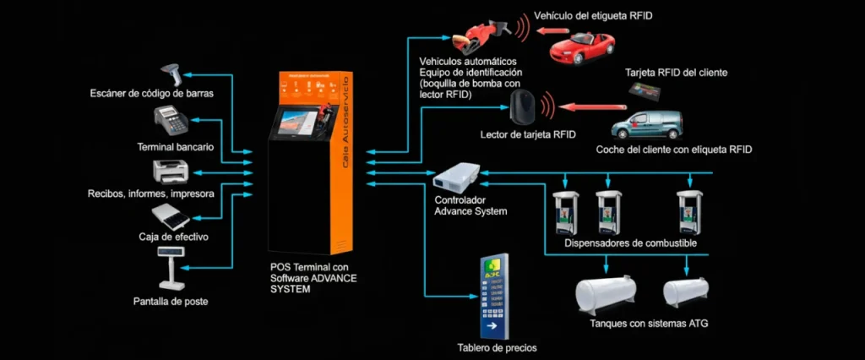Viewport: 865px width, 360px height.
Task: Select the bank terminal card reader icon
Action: pyautogui.click(x=172, y=122)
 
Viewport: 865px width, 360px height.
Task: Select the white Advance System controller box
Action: pyautogui.click(x=454, y=176)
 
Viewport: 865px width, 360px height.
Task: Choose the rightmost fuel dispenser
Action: pyautogui.click(x=690, y=212)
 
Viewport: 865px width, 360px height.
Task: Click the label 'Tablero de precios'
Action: pyautogui.click(x=497, y=347)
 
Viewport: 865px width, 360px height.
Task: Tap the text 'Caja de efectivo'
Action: pyautogui.click(x=173, y=237)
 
